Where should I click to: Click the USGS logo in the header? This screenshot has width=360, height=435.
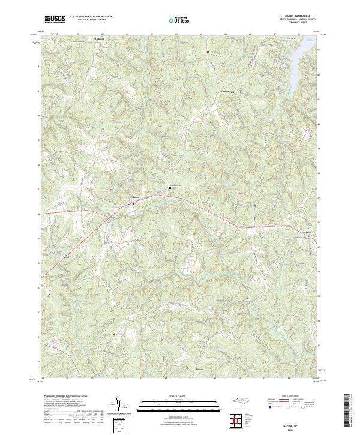(x=55, y=19)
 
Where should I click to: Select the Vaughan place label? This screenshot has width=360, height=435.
(x=305, y=230)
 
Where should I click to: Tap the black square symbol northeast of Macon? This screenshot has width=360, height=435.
(x=170, y=188)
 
